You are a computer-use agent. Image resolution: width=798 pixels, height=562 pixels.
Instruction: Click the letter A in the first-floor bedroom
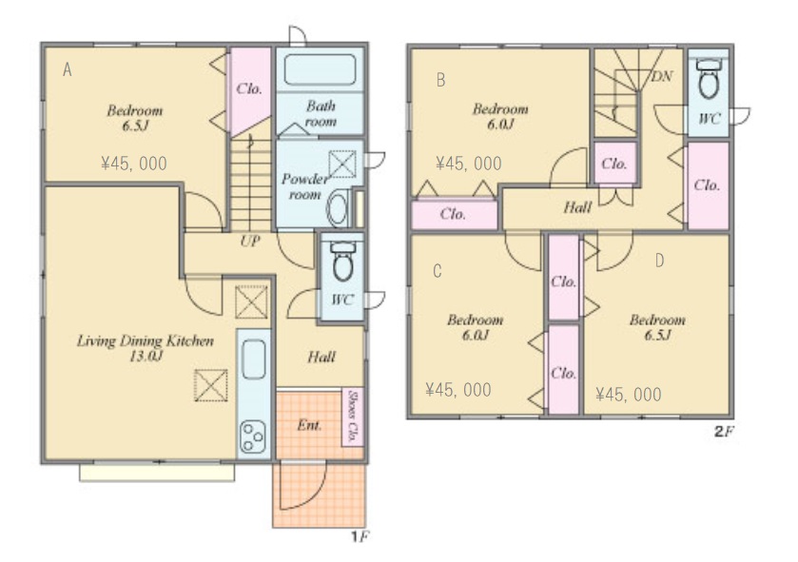68,69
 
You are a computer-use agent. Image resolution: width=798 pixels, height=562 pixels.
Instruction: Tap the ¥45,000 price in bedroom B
469,164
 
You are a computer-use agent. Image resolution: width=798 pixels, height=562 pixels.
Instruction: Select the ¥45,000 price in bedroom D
629,395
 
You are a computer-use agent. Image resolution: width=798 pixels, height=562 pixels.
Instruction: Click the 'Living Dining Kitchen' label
146,340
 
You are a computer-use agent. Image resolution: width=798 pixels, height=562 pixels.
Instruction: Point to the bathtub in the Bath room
320,70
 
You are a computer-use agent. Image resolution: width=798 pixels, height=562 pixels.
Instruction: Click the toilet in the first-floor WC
343,261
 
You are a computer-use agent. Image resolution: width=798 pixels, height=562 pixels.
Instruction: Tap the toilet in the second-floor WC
709,78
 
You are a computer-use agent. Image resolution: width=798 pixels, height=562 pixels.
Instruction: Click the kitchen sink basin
253,359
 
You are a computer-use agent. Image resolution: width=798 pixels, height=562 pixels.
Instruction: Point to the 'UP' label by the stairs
250,241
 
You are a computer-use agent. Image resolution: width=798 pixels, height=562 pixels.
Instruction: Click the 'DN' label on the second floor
662,76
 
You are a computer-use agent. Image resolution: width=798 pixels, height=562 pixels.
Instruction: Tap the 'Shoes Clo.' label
352,417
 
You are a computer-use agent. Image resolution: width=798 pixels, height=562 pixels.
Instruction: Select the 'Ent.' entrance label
309,425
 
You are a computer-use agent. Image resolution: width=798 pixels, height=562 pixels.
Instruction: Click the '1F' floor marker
360,536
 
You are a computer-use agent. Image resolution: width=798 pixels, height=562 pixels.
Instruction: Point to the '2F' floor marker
724,433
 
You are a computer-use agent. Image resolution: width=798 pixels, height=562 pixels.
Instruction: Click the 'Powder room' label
305,186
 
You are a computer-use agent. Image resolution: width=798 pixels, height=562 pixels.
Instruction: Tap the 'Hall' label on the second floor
577,207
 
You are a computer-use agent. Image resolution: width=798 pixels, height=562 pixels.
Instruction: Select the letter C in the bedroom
438,271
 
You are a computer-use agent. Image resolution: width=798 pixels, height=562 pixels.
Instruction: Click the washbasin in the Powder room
338,208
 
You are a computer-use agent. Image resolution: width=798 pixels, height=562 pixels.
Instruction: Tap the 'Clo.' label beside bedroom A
249,89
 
